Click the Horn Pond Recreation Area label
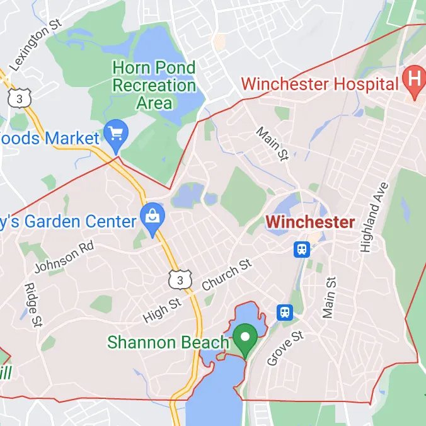point(154,84)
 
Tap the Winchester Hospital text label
point(320,83)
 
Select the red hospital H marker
point(414,79)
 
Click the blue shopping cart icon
point(117,133)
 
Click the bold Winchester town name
point(310,222)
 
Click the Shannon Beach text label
point(168,342)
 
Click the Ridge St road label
point(33,304)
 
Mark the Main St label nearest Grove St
point(329,297)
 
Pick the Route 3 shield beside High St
point(178,278)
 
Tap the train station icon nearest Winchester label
point(302,250)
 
